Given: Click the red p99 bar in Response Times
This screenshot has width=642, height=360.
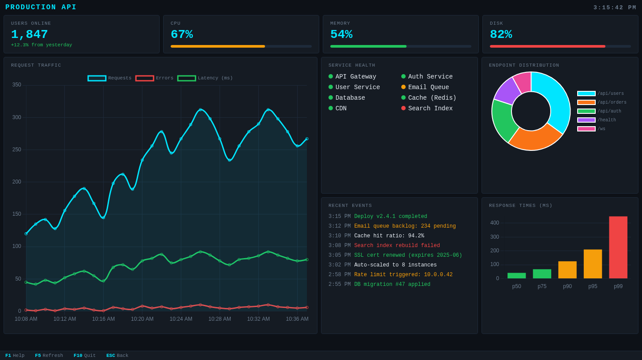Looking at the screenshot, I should click(618, 247).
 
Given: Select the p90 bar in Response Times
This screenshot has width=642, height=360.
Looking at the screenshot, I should click(567, 270).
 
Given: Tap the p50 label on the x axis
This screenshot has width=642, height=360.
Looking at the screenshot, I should click(516, 286).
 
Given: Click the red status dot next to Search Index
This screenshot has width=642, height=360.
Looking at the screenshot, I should click(403, 109).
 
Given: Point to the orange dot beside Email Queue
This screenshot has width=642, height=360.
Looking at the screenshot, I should click(403, 87).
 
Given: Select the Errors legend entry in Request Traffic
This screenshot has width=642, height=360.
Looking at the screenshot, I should click(154, 78).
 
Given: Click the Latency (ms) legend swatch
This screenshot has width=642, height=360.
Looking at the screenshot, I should click(187, 78).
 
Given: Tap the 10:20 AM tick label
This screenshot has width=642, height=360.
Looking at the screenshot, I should click(142, 319).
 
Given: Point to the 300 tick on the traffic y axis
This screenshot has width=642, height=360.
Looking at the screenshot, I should click(17, 117).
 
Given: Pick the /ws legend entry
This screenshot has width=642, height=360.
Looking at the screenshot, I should click(591, 129).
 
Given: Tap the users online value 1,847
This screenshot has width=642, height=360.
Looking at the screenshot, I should click(30, 34).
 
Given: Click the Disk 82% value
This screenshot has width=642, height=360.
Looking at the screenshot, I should click(501, 34).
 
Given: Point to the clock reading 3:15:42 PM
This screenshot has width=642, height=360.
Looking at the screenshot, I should click(615, 7).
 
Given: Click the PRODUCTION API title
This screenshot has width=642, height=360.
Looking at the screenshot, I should click(41, 7).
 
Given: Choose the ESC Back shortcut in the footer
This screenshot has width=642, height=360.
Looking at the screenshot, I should click(117, 356).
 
